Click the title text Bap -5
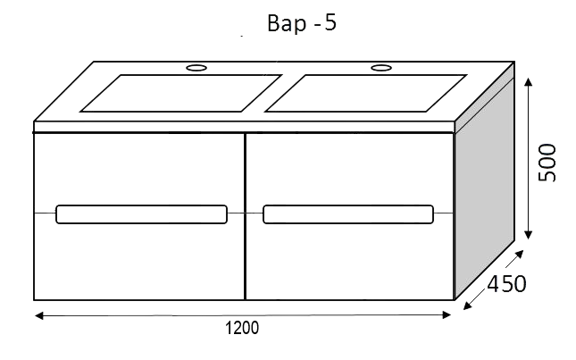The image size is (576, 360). [x=302, y=23]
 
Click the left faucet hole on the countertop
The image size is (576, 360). [x=196, y=68]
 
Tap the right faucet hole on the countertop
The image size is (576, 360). [x=381, y=68]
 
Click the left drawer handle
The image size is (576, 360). [x=141, y=214]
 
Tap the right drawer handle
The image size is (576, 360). [x=348, y=214]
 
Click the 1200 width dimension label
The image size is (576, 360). [x=242, y=328]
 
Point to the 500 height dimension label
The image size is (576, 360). [x=547, y=163]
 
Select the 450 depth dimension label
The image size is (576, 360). [x=506, y=284]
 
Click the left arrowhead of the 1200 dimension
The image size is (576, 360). [x=38, y=315]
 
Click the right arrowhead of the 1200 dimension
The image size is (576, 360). [x=447, y=314]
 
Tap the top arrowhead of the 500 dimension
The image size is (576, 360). [x=529, y=81]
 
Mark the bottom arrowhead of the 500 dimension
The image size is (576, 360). [x=529, y=235]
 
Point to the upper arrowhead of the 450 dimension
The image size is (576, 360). [x=520, y=254]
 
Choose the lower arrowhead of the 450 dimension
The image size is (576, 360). [x=468, y=306]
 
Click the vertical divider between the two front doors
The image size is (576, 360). [x=245, y=217]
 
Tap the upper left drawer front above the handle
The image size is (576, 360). [x=138, y=169]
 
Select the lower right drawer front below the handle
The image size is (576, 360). [x=350, y=262]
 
